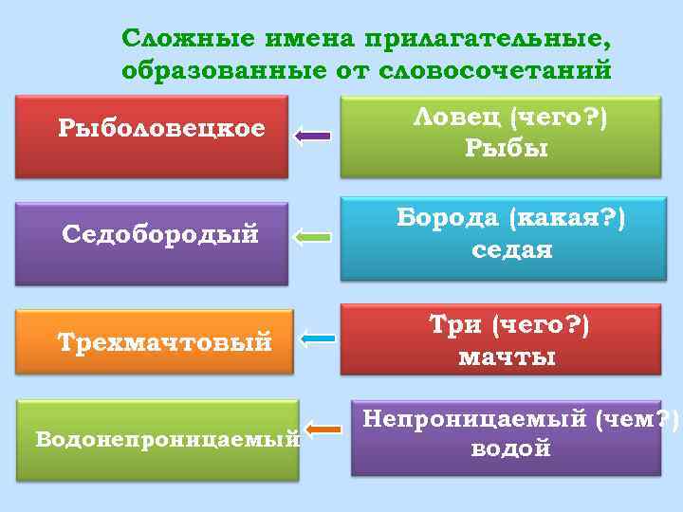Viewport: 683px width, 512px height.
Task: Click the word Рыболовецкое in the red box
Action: pos(161,127)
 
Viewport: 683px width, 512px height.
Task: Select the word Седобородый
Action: pos(160,233)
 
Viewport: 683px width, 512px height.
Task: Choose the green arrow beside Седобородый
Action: pos(311,236)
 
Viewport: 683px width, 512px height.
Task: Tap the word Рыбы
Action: pos(507,148)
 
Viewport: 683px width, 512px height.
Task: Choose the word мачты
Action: pos(508,357)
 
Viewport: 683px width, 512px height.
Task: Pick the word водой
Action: pos(510,448)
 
